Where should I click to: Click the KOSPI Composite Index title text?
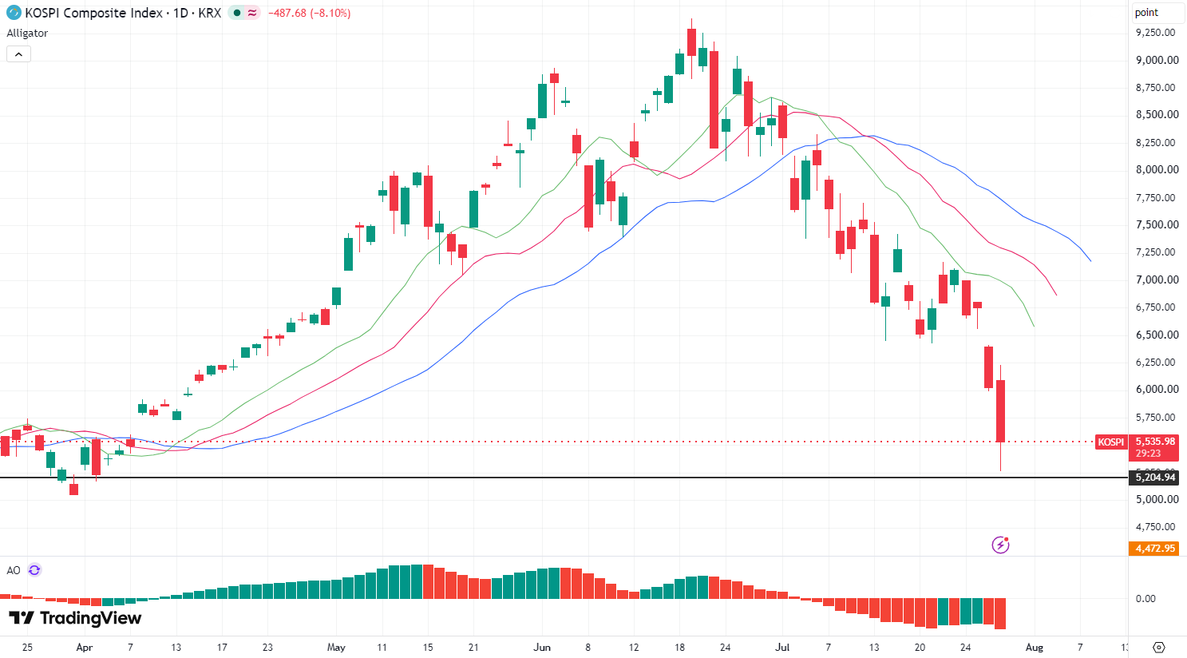(x=93, y=13)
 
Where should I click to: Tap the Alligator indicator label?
(x=27, y=33)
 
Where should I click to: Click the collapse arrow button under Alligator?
(x=18, y=54)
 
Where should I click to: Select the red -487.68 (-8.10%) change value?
(x=310, y=13)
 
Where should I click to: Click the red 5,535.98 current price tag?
(x=1155, y=441)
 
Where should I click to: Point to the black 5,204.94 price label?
(x=1155, y=478)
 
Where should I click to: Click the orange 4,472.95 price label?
(x=1155, y=549)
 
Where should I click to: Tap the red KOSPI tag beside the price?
(x=1110, y=442)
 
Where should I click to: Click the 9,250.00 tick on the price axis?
(x=1155, y=33)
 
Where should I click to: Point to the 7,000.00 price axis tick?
(x=1155, y=279)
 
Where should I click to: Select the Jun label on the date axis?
(x=542, y=648)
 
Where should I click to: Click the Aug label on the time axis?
(x=1035, y=648)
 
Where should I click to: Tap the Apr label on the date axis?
(x=85, y=648)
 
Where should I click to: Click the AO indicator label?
(x=14, y=570)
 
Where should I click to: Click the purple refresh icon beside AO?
(x=34, y=570)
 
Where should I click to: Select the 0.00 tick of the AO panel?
(x=1145, y=599)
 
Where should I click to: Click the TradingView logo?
(x=75, y=618)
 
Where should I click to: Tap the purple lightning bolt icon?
(x=1000, y=545)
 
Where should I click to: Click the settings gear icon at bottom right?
(x=1159, y=648)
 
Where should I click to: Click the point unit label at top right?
(x=1147, y=12)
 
